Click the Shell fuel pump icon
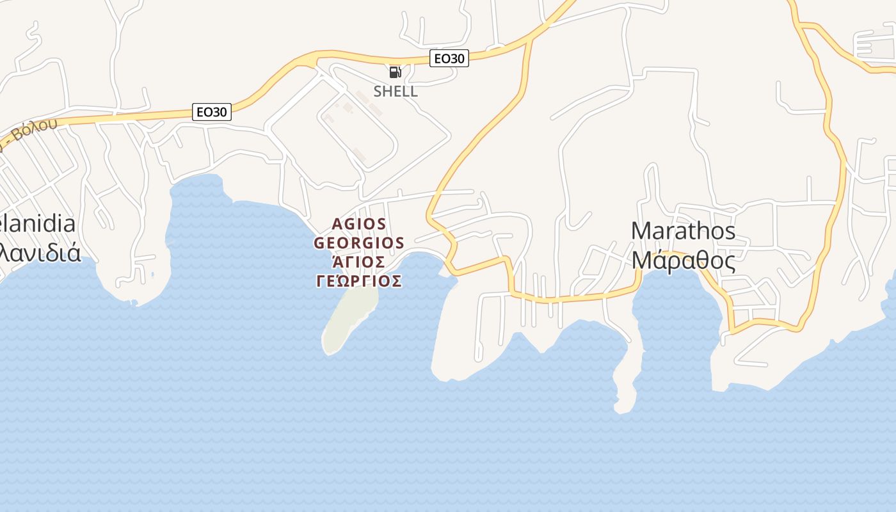[395, 72]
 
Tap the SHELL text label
[396, 91]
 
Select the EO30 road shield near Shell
[449, 58]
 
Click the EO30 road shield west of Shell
[212, 111]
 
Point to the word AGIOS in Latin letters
[359, 224]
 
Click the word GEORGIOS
[359, 243]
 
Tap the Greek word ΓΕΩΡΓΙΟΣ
[359, 281]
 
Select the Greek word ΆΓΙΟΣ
[359, 262]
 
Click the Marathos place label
[683, 231]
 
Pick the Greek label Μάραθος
[683, 260]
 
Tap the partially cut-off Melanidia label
[38, 224]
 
